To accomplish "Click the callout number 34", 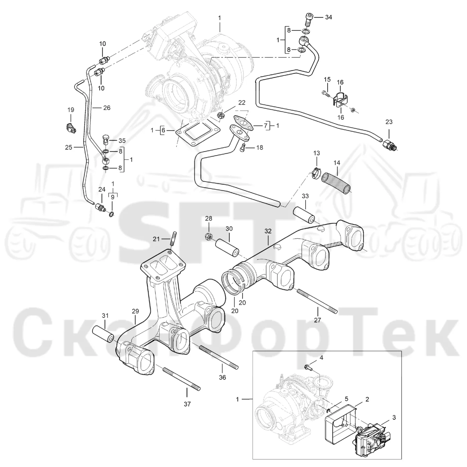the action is point(328,17).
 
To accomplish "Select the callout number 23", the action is point(389,122).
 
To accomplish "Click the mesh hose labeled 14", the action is point(336,182).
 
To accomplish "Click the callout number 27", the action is point(317,320).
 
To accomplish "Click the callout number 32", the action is point(268,231).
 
